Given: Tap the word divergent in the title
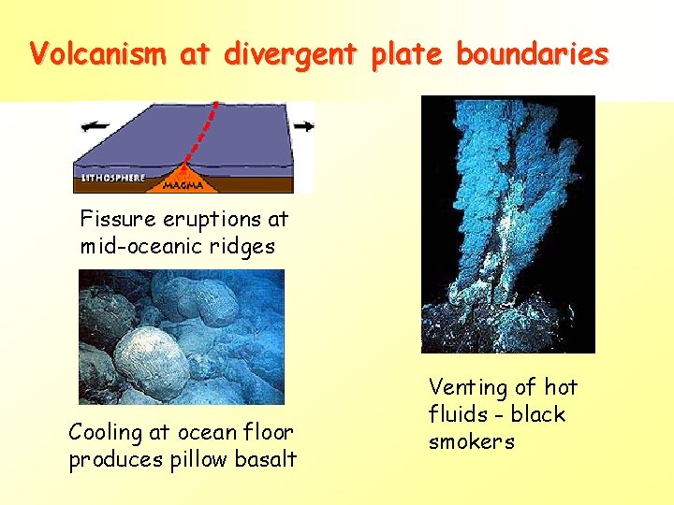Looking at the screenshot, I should point(289,53).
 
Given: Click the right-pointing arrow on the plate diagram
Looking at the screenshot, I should point(302,125).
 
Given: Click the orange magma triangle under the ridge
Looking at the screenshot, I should point(183,172).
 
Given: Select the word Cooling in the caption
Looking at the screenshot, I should point(106,432).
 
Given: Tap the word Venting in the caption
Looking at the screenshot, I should point(468,387).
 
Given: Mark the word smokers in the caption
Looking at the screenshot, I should point(472,441).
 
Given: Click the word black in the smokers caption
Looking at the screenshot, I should point(536,414).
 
